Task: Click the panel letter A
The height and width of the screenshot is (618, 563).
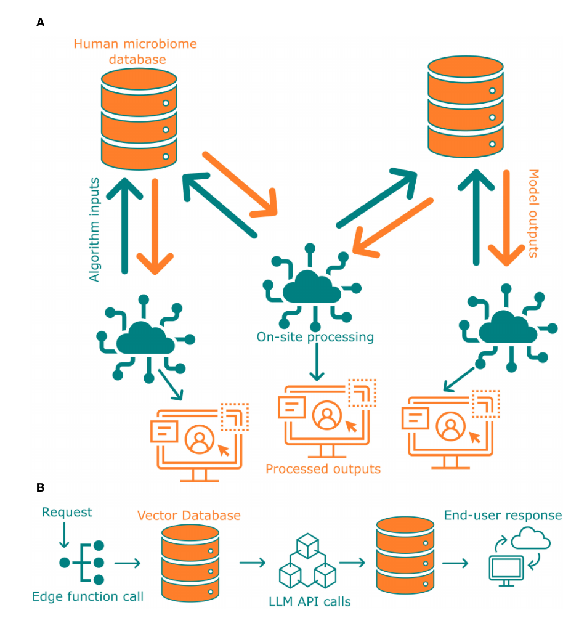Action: coord(40,23)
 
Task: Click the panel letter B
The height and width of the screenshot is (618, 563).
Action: coord(40,487)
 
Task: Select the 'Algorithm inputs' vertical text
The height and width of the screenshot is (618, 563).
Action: coord(94,229)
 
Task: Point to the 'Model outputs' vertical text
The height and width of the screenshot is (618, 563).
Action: coord(533,213)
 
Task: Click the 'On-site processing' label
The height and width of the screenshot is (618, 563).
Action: coord(315,337)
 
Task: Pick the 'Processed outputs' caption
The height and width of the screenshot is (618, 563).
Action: coord(323,469)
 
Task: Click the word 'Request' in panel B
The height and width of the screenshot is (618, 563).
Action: coord(67,512)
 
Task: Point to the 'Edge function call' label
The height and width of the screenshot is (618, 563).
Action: coord(87,596)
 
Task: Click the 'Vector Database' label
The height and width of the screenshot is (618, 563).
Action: coord(188,515)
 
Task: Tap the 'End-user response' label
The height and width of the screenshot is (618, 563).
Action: coord(503,515)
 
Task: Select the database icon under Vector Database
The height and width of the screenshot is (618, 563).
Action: coord(190,562)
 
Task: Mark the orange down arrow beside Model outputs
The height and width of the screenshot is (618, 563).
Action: coord(506,219)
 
